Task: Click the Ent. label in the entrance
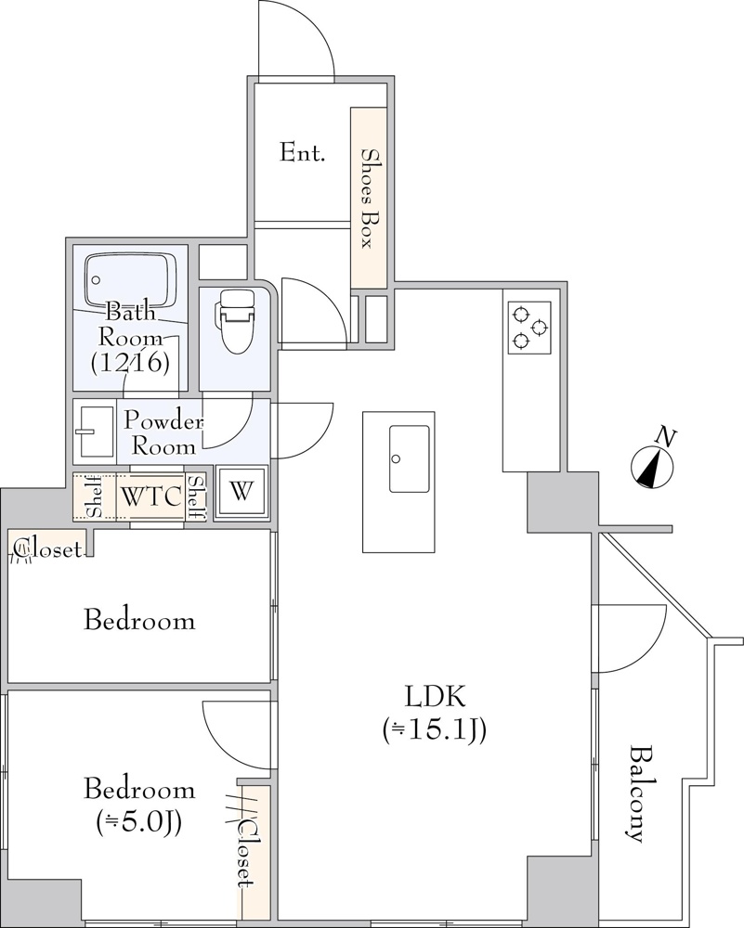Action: (302, 153)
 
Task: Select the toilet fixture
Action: (236, 322)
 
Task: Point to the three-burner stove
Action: (529, 328)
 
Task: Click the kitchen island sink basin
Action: (409, 458)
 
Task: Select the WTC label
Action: (150, 496)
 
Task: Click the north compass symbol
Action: (652, 468)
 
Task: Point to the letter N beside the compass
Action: (666, 437)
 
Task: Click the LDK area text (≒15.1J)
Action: (435, 729)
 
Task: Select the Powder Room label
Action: (163, 433)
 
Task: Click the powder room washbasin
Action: (95, 432)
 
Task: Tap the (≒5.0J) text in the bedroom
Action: (139, 821)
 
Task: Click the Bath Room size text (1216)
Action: (130, 362)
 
